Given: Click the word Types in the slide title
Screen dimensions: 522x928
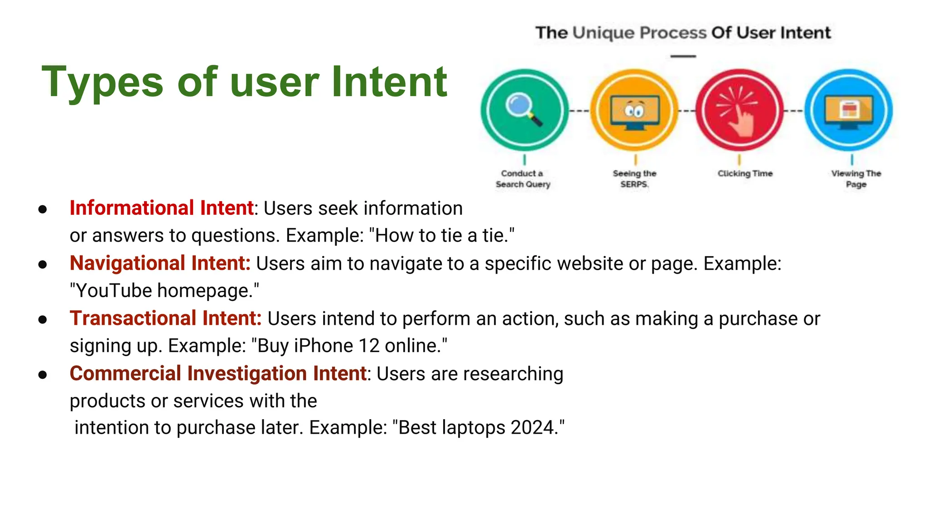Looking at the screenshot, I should pos(102,82).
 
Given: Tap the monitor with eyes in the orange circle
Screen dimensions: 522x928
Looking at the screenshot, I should pos(634,111).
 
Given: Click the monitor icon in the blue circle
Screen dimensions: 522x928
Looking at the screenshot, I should pos(849,111).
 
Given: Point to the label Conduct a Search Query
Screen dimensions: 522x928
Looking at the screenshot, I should pos(522,179).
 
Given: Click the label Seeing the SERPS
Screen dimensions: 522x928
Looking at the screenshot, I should pos(634,179).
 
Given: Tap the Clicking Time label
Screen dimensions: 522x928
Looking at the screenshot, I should pos(745,173).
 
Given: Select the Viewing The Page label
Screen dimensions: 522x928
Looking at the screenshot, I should pos(856,179).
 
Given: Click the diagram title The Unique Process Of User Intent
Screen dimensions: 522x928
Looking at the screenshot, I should pos(683,33).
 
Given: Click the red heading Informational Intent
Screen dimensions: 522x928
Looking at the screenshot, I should pos(161,208).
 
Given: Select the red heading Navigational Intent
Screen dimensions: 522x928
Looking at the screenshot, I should pos(159,263).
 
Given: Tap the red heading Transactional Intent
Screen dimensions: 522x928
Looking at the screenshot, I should pos(165,318).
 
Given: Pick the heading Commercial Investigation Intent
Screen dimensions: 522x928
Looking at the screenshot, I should pos(218,373).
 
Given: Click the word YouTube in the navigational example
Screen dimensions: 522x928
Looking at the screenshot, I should pos(114,290).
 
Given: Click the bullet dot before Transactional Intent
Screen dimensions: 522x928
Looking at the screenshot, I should pos(43,319).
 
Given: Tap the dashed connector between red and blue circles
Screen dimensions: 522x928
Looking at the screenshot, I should pos(793,111).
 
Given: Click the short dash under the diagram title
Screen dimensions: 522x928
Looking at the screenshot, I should pos(683,56).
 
